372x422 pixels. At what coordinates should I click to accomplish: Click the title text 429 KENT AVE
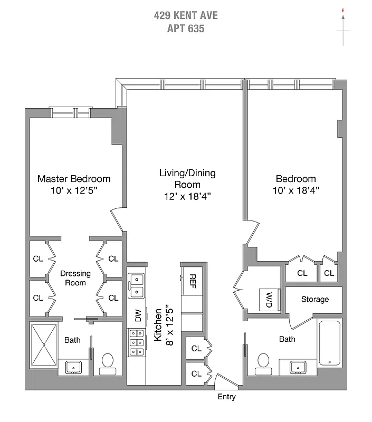tap(186, 15)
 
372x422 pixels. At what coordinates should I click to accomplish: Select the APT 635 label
tap(186, 28)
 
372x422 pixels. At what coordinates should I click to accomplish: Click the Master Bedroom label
tap(74, 179)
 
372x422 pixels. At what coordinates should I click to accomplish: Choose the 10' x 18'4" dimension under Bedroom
tap(295, 190)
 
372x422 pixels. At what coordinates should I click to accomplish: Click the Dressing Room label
tap(75, 277)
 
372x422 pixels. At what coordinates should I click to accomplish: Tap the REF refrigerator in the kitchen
tap(193, 280)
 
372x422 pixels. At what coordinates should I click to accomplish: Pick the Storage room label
tap(314, 299)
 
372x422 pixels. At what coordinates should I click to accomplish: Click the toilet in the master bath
tap(108, 361)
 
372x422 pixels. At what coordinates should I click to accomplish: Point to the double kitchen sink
tap(137, 285)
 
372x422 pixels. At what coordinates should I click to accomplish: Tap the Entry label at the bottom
tap(226, 397)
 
